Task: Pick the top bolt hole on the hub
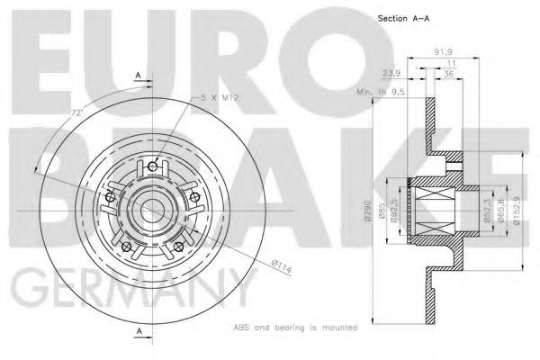click(x=153, y=166)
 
